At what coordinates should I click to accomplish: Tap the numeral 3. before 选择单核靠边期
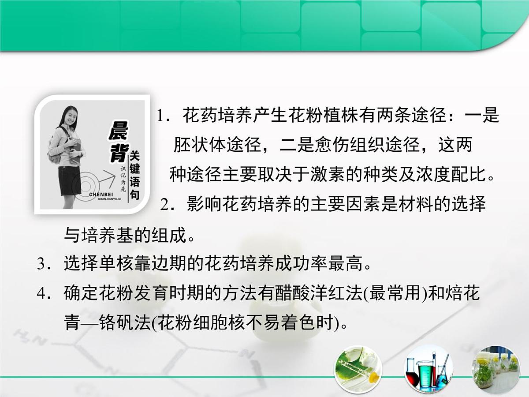coord(44,264)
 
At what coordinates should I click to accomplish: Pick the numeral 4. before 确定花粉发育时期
coord(44,294)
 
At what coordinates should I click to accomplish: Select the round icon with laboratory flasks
coord(427,370)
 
